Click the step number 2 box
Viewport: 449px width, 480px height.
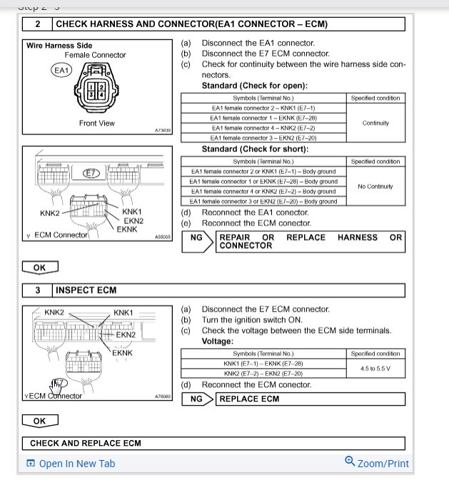(x=37, y=24)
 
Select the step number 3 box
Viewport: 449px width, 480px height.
(x=37, y=290)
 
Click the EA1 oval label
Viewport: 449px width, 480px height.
(x=61, y=70)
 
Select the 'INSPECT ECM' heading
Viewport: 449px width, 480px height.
(x=86, y=290)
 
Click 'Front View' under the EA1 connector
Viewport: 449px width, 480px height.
(x=96, y=123)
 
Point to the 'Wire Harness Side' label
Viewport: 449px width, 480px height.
(x=59, y=46)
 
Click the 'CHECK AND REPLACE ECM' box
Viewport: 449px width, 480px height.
(x=86, y=443)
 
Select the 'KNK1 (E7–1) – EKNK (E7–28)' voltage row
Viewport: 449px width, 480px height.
(x=263, y=363)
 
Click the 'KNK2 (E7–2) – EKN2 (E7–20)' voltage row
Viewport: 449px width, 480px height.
(x=263, y=373)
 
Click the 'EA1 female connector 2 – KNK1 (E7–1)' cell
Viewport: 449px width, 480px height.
(x=263, y=108)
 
